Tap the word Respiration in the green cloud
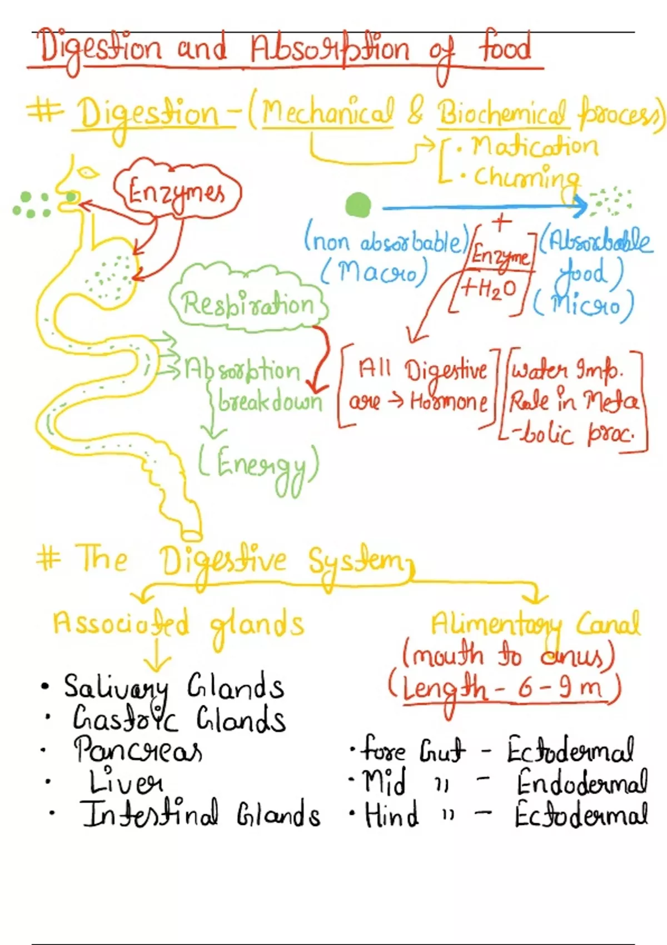coord(248,305)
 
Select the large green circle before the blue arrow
coord(357,205)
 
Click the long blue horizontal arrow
coord(484,208)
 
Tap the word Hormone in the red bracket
coord(449,401)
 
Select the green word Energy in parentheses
coord(260,466)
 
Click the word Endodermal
coord(581,783)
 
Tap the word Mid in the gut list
coord(384,782)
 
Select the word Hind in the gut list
coord(391,815)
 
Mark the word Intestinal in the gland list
coord(150,814)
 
